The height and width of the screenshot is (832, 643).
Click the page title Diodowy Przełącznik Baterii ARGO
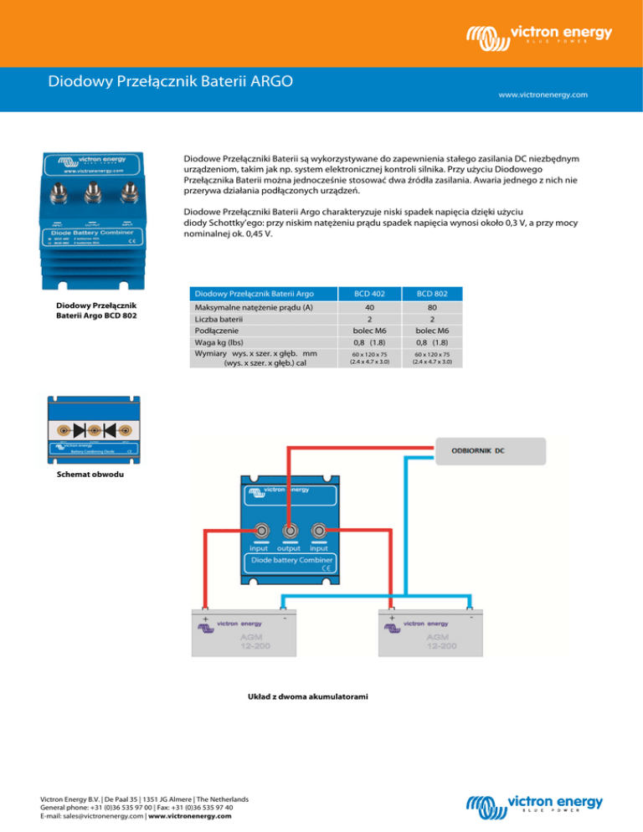(x=170, y=83)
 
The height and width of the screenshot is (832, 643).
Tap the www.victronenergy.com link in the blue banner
(x=543, y=95)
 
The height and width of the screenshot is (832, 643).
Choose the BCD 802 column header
(x=435, y=294)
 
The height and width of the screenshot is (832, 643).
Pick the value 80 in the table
(x=435, y=307)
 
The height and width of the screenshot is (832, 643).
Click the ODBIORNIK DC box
(x=490, y=450)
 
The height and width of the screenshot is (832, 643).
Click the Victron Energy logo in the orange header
(x=538, y=37)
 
